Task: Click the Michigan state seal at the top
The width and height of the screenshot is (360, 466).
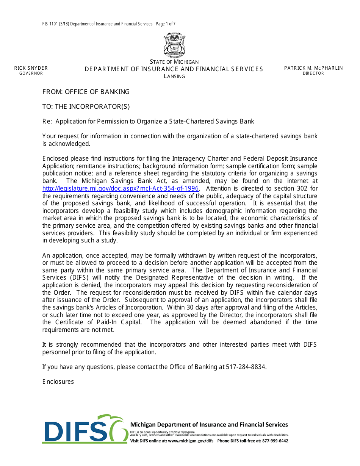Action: pyautogui.click(x=174, y=45)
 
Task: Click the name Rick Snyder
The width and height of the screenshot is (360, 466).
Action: pyautogui.click(x=31, y=68)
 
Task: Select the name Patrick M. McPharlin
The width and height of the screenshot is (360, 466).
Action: pyautogui.click(x=313, y=68)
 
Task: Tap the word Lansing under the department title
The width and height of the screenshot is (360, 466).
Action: pyautogui.click(x=174, y=76)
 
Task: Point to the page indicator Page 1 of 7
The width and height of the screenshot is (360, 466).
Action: pyautogui.click(x=165, y=24)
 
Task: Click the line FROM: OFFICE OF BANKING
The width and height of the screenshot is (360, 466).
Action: pyautogui.click(x=86, y=92)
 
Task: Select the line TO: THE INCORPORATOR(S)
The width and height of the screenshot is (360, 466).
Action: pyautogui.click(x=86, y=106)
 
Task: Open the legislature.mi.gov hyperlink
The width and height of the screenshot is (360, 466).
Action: pyautogui.click(x=121, y=188)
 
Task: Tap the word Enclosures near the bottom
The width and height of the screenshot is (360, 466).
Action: pyautogui.click(x=58, y=382)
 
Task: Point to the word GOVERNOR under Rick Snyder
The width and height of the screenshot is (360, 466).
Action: pyautogui.click(x=31, y=73)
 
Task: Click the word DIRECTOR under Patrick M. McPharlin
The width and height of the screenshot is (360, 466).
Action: pyautogui.click(x=313, y=73)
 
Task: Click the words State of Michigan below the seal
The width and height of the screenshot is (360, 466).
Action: pyautogui.click(x=174, y=62)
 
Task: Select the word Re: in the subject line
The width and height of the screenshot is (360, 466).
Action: pyautogui.click(x=47, y=122)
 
